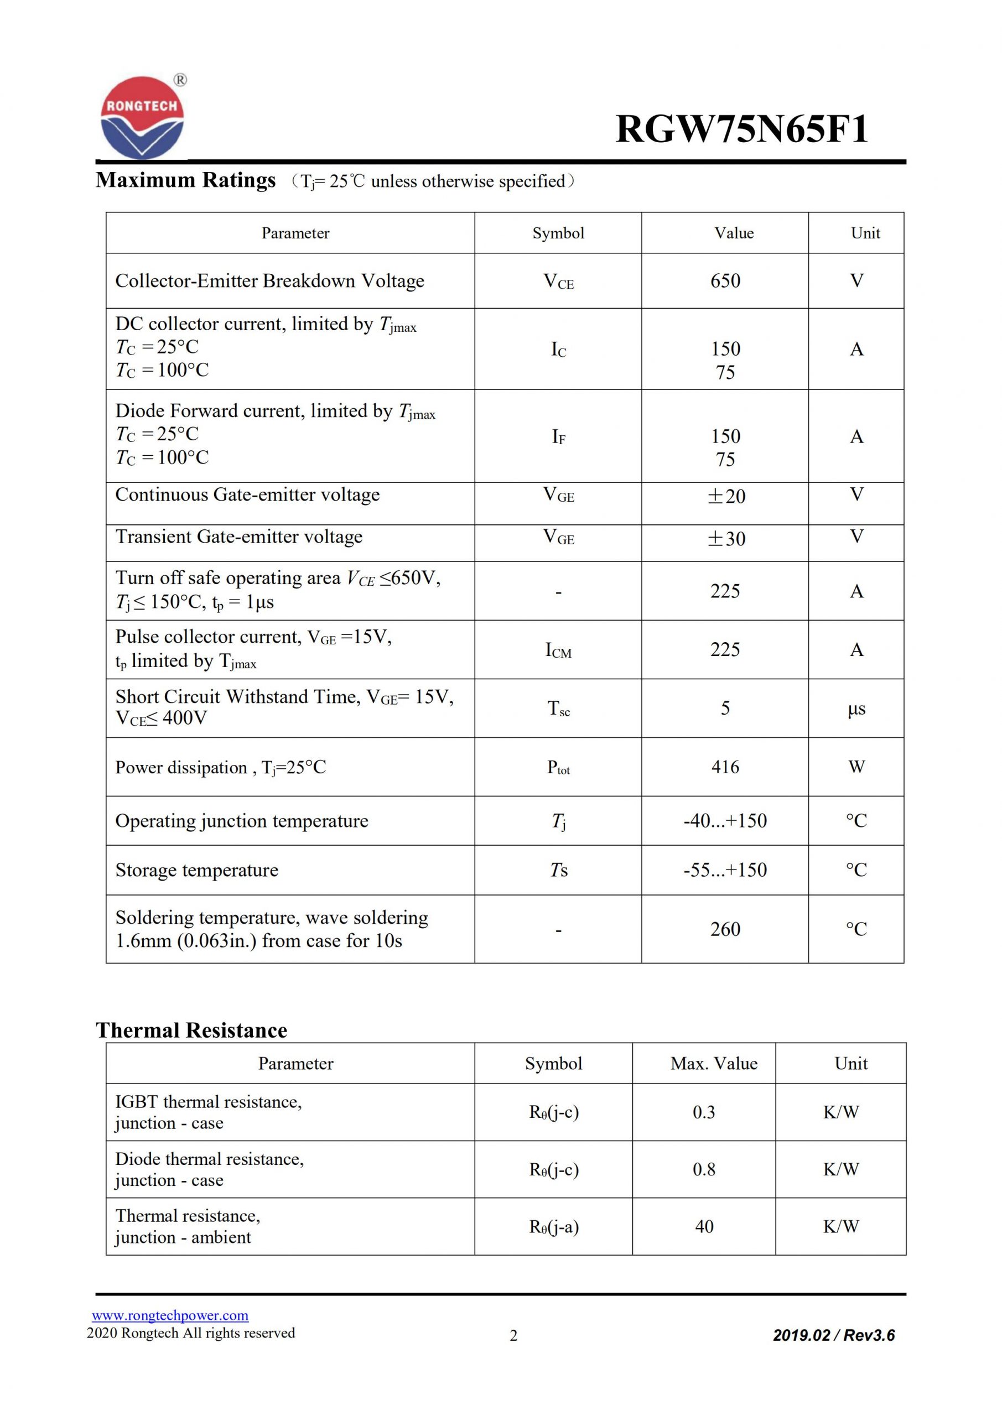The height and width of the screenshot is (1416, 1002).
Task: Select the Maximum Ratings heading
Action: [x=186, y=180]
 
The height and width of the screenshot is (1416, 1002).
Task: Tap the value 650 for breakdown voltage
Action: [x=725, y=280]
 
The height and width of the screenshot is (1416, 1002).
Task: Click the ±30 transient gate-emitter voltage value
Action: [x=726, y=538]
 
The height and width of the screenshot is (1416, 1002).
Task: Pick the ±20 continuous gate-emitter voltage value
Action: [x=726, y=496]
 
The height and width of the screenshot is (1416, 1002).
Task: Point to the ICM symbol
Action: [x=558, y=650]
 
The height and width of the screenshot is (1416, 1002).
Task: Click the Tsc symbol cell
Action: [x=558, y=708]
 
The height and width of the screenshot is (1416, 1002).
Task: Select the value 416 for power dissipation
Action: [x=725, y=767]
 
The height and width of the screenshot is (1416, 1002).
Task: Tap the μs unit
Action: [x=856, y=709]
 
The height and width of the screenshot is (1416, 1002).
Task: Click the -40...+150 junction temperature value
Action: [x=725, y=820]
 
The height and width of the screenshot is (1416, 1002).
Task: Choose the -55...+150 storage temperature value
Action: [x=725, y=870]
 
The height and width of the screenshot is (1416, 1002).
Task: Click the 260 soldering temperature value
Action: [x=725, y=929]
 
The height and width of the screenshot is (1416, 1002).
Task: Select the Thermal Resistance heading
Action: [x=191, y=1030]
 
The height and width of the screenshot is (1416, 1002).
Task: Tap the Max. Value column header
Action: [x=714, y=1063]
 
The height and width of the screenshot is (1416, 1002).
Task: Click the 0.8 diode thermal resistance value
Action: [x=704, y=1169]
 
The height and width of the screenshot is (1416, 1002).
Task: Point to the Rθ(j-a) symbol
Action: [x=553, y=1226]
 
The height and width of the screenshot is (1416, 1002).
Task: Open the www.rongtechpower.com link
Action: [x=170, y=1315]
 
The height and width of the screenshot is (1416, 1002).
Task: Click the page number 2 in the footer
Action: [x=513, y=1335]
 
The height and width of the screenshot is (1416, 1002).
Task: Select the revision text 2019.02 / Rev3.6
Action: [x=834, y=1335]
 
